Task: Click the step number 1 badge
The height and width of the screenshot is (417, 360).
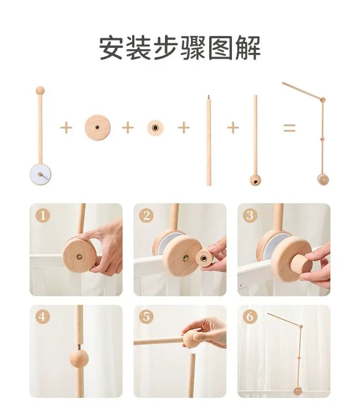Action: (42, 216)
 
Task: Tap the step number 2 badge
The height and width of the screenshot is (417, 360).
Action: (146, 216)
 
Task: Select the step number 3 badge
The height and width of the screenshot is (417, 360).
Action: (250, 216)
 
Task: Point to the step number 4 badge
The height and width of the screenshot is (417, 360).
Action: (42, 317)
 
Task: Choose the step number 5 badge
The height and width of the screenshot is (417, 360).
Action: (146, 317)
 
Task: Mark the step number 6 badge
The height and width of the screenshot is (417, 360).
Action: (250, 317)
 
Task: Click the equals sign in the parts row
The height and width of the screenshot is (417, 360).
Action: (289, 128)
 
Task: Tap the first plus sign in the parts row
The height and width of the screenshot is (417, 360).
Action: (66, 128)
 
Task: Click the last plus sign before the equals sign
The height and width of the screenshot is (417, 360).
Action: (233, 128)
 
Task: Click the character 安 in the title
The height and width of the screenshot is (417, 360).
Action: (111, 48)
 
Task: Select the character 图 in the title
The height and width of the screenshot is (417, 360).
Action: (220, 48)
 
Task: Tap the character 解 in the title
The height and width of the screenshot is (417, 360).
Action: (248, 48)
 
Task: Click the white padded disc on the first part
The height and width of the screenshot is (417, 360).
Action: (40, 175)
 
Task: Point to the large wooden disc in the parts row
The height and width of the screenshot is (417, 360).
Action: (98, 128)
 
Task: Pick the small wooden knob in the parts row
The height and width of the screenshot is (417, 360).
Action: (155, 128)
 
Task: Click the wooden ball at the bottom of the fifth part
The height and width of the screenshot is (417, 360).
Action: (255, 180)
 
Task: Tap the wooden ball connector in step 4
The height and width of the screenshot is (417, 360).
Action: (79, 359)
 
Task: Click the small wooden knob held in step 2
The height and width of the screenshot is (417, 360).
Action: (204, 258)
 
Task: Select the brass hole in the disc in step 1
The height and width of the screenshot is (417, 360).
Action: (79, 257)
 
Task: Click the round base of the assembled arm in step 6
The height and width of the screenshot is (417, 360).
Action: (298, 391)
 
